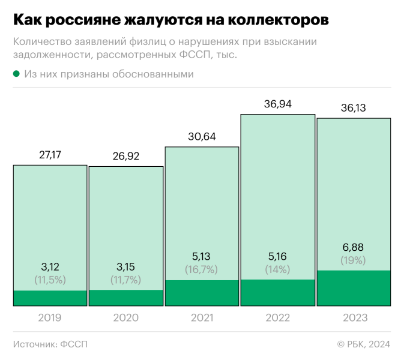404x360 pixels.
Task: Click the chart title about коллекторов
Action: point(170,20)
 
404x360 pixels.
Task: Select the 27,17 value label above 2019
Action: point(50,155)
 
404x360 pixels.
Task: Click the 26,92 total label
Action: point(126,157)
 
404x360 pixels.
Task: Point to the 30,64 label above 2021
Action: point(202,137)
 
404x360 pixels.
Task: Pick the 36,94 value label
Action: point(278,104)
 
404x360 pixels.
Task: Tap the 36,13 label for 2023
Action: point(354,109)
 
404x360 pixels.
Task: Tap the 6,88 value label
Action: point(354,247)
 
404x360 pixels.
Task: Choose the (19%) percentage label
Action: point(354,260)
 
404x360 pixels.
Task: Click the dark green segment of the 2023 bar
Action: point(354,288)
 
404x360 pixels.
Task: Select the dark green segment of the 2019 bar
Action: point(50,298)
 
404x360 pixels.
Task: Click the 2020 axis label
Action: point(126,317)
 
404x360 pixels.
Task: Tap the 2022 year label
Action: point(278,317)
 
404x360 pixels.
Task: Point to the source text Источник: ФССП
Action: point(50,344)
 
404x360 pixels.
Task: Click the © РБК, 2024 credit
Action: point(364,344)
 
